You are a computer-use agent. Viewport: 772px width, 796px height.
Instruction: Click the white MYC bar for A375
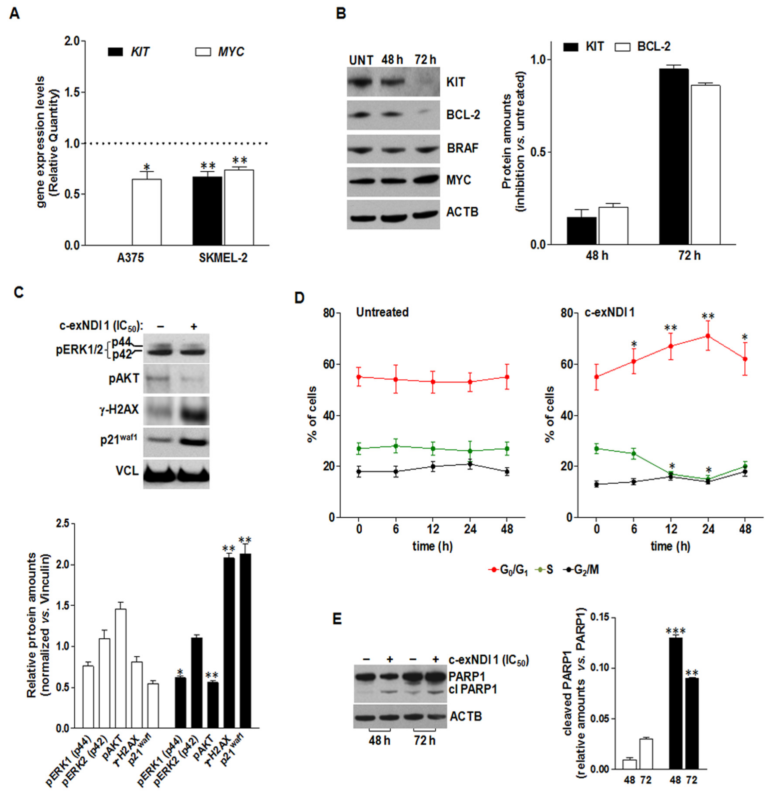146,212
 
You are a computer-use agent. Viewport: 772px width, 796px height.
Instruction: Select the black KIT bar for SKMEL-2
207,210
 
